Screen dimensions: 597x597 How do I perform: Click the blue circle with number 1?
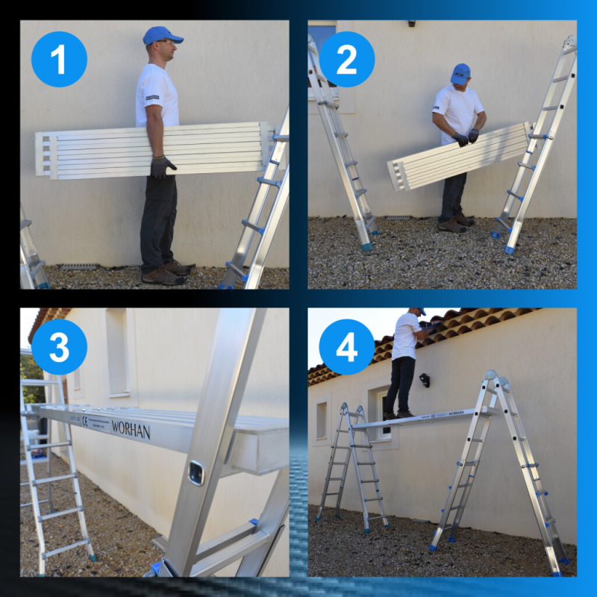point(59,59)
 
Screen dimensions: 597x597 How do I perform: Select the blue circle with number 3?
point(59,347)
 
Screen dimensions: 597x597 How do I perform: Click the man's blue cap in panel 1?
point(161,35)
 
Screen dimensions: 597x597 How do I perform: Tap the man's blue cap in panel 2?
point(460,73)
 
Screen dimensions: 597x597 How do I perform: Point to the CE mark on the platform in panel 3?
point(84,422)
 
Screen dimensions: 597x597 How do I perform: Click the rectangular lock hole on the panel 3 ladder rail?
point(196,472)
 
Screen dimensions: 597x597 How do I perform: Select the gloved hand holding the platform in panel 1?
point(161,166)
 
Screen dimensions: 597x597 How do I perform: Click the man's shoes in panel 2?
point(456,223)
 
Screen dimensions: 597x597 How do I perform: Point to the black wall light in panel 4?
point(425,380)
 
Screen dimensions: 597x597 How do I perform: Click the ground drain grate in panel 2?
point(398,218)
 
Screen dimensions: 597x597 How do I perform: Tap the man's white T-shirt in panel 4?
point(406,337)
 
